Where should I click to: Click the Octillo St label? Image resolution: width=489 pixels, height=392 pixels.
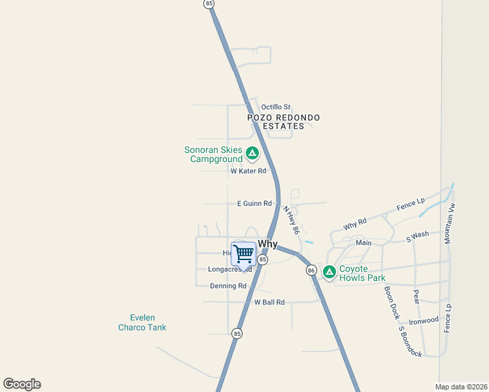click(x=275, y=107)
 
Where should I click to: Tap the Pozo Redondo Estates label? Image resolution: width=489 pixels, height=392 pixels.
click(x=284, y=122)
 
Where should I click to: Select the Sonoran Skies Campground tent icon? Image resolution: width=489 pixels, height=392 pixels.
click(x=252, y=154)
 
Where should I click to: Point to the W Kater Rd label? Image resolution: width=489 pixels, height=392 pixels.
click(x=248, y=171)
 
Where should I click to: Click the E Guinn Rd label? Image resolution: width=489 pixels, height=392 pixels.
click(x=254, y=204)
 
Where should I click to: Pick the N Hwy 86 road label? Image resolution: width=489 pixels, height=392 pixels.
click(x=291, y=221)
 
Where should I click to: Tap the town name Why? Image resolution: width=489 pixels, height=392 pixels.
click(x=267, y=244)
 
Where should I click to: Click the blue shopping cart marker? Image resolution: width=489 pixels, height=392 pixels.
click(x=243, y=253)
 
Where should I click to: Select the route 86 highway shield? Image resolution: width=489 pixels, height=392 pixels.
click(x=311, y=270)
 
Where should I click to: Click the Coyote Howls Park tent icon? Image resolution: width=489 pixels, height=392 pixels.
click(x=329, y=271)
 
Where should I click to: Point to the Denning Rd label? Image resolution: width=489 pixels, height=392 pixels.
click(x=228, y=286)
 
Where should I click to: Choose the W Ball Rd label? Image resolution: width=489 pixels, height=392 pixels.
click(x=269, y=302)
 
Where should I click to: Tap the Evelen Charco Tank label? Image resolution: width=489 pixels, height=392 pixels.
click(x=142, y=323)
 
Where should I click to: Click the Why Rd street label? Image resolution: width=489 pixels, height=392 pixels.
click(x=355, y=224)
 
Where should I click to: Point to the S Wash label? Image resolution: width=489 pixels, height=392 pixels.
click(x=417, y=236)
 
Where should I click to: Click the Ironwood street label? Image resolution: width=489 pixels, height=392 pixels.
click(x=424, y=321)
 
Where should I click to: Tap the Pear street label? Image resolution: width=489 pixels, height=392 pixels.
click(x=416, y=297)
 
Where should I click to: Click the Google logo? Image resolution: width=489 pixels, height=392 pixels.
click(x=22, y=384)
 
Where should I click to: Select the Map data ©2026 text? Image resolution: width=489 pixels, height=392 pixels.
click(x=461, y=386)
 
